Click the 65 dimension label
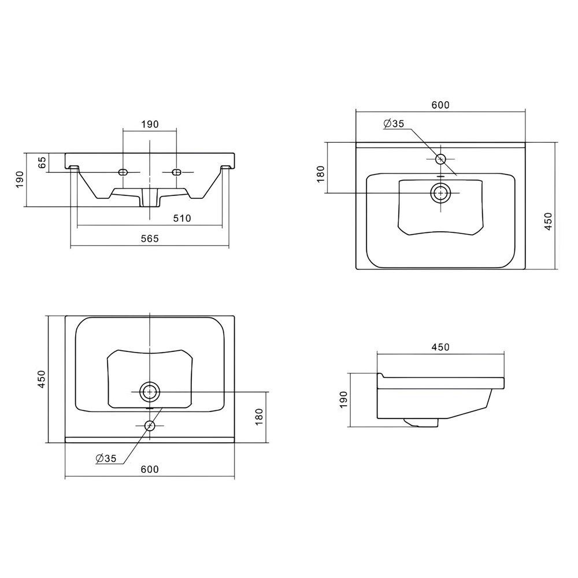tap(43, 162)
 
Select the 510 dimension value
tap(182, 218)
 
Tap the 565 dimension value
tap(150, 239)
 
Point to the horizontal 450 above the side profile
tap(440, 347)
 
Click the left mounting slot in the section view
tap(123, 172)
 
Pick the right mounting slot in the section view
tap(177, 172)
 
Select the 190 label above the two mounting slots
tap(150, 124)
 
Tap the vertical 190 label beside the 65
tap(20, 179)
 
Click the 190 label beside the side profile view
tap(343, 399)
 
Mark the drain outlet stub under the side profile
tap(421, 423)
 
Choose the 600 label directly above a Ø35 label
tap(440, 105)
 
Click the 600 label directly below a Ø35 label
tap(150, 469)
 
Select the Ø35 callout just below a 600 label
tap(394, 124)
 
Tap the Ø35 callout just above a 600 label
tap(106, 458)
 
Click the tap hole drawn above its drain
tap(440, 160)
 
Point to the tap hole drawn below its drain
tap(150, 426)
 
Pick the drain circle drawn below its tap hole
tap(440, 193)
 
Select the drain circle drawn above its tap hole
tap(150, 392)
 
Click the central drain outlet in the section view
tap(150, 198)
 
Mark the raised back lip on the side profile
tap(380, 375)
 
